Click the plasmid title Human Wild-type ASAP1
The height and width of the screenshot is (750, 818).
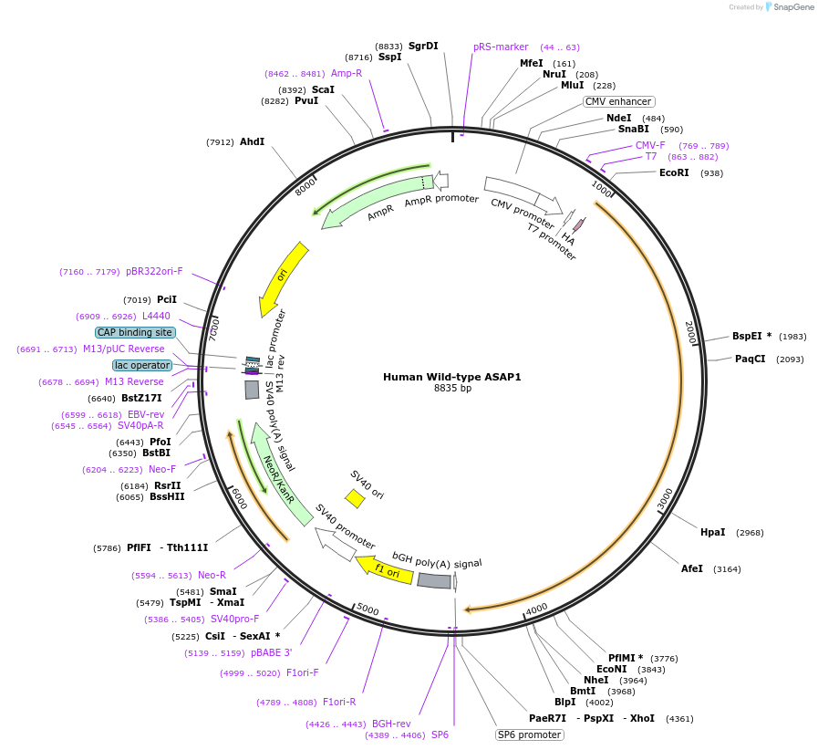click(x=451, y=377)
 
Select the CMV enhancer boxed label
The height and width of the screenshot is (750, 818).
click(x=619, y=102)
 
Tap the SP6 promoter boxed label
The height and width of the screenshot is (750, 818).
click(x=529, y=734)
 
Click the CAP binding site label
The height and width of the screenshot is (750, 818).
click(x=135, y=332)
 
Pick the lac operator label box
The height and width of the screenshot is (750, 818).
click(x=142, y=365)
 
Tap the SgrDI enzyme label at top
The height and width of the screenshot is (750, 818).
click(x=423, y=46)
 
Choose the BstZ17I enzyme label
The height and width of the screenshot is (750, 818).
click(x=141, y=398)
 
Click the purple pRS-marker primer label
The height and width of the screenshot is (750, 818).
click(x=501, y=47)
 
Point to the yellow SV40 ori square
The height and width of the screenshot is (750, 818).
click(x=355, y=498)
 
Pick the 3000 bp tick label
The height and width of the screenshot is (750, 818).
click(x=666, y=498)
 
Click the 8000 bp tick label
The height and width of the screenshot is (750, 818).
click(x=305, y=185)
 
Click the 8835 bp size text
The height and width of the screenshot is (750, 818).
click(x=452, y=389)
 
